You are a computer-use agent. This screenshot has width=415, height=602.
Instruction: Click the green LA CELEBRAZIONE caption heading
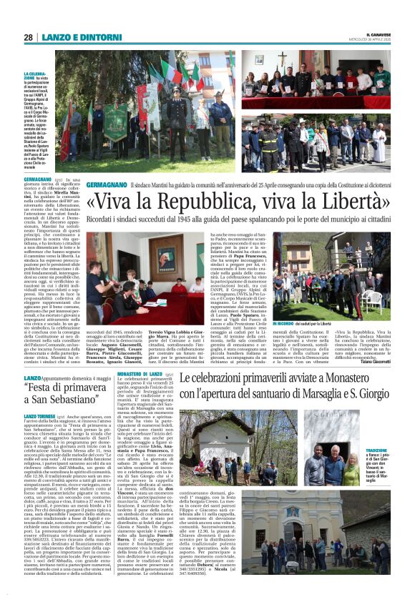(35, 75)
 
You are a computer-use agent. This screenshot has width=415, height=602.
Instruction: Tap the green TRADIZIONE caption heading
(376, 450)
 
